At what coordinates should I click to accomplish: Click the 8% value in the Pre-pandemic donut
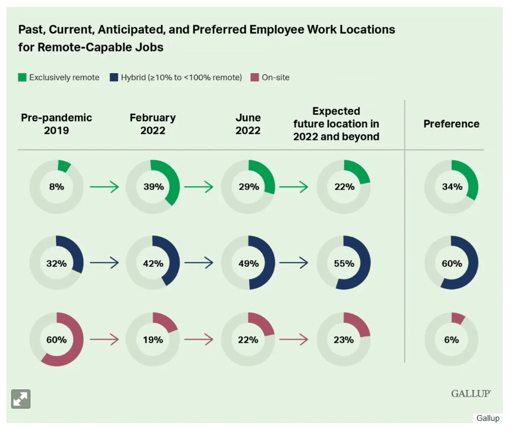click(56, 187)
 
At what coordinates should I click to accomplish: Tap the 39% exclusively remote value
click(152, 187)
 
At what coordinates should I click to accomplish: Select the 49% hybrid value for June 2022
click(248, 263)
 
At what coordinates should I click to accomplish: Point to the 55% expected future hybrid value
click(344, 263)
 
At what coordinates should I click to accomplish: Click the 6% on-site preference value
click(451, 340)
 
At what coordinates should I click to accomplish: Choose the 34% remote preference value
click(451, 187)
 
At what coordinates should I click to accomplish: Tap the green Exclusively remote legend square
click(22, 77)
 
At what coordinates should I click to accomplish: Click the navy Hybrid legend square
click(113, 77)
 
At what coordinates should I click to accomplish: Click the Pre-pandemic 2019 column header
click(56, 124)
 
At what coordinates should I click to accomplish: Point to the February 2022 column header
click(152, 124)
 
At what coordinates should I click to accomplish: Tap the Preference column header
click(451, 124)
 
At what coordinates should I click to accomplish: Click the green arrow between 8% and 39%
click(104, 187)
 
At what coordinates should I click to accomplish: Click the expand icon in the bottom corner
click(21, 399)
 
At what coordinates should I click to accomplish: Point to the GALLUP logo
click(471, 394)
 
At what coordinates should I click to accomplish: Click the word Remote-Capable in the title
click(80, 47)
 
